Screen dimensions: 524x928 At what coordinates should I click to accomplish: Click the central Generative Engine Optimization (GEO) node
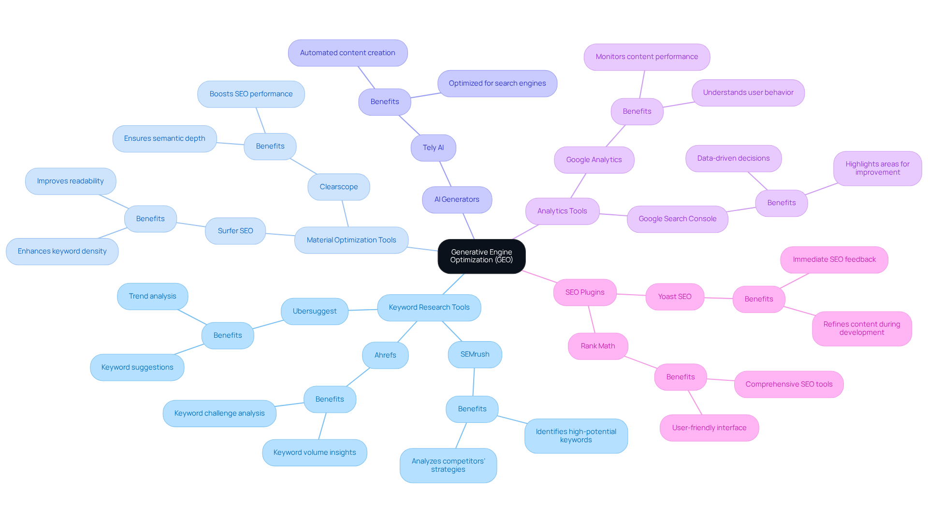pyautogui.click(x=481, y=256)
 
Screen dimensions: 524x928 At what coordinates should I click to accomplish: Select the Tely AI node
pyautogui.click(x=433, y=148)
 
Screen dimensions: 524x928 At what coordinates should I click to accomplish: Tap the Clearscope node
pyautogui.click(x=338, y=187)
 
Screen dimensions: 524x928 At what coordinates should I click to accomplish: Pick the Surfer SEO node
pyautogui.click(x=235, y=231)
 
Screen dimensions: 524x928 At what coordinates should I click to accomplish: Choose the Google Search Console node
pyautogui.click(x=677, y=219)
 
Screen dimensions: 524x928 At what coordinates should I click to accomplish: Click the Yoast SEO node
pyautogui.click(x=674, y=297)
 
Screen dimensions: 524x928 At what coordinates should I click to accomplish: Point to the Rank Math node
pyautogui.click(x=597, y=346)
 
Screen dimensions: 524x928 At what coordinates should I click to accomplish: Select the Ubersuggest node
pyautogui.click(x=314, y=311)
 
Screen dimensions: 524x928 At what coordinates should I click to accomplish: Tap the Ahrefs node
pyautogui.click(x=385, y=355)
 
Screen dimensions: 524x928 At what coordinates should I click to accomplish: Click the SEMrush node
pyautogui.click(x=475, y=354)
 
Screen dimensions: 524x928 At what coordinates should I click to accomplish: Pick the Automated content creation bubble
pyautogui.click(x=348, y=53)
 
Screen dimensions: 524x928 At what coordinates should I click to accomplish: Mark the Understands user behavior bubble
pyautogui.click(x=748, y=92)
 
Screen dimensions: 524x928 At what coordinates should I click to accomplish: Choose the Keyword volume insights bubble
pyautogui.click(x=314, y=452)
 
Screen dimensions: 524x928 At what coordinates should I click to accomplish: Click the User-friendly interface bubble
pyautogui.click(x=709, y=428)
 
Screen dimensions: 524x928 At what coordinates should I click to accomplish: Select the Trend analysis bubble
pyautogui.click(x=152, y=296)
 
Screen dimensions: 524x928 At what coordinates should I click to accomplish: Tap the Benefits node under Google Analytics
pyautogui.click(x=637, y=111)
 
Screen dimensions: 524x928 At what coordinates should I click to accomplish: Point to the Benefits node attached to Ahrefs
pyautogui.click(x=330, y=399)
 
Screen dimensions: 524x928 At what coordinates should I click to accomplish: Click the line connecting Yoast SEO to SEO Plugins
pyautogui.click(x=631, y=294)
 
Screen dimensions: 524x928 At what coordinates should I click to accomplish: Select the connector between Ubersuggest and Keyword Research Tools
pyautogui.click(x=362, y=310)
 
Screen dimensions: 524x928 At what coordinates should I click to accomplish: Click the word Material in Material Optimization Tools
pyautogui.click(x=319, y=240)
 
